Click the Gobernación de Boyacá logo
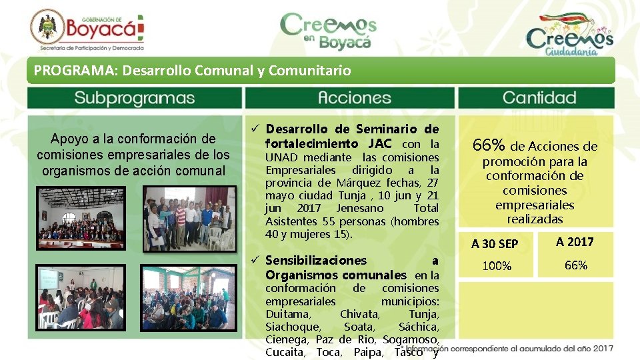pos(87,31)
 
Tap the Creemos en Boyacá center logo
pos(327,31)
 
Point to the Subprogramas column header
pos(134,98)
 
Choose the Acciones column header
pos(349,98)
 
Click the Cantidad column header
pos(539,98)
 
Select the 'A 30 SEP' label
pos(495,244)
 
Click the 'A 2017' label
pos(575,242)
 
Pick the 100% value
pos(496,267)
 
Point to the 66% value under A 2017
pos(575,265)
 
